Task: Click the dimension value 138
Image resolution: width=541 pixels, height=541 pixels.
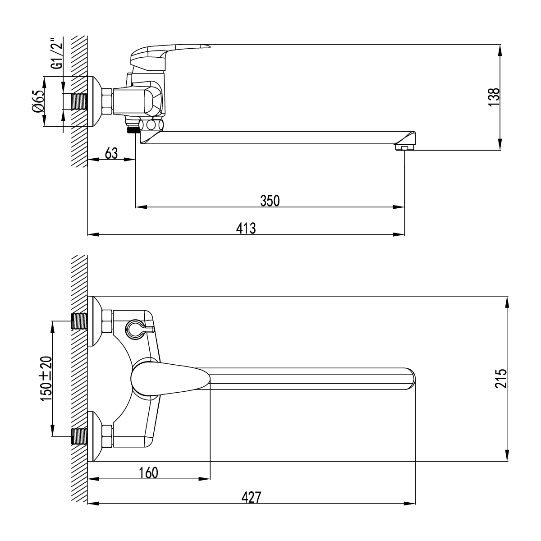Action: click(494, 96)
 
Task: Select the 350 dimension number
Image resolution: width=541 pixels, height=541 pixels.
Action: click(270, 201)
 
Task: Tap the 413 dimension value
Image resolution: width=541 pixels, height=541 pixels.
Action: click(246, 228)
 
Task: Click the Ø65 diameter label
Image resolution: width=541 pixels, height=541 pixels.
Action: click(38, 101)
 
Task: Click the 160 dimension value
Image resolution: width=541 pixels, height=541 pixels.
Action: click(149, 473)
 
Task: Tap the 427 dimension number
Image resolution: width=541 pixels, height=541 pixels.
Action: click(251, 498)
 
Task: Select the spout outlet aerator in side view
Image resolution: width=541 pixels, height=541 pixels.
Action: click(404, 147)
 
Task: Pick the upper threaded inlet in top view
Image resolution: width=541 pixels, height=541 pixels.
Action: click(79, 321)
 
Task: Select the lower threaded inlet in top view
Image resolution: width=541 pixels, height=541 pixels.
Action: click(79, 436)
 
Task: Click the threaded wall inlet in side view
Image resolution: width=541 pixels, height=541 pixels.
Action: click(79, 101)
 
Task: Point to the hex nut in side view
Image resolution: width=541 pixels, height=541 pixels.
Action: click(107, 101)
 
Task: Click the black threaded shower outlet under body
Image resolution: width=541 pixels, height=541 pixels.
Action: click(133, 130)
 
